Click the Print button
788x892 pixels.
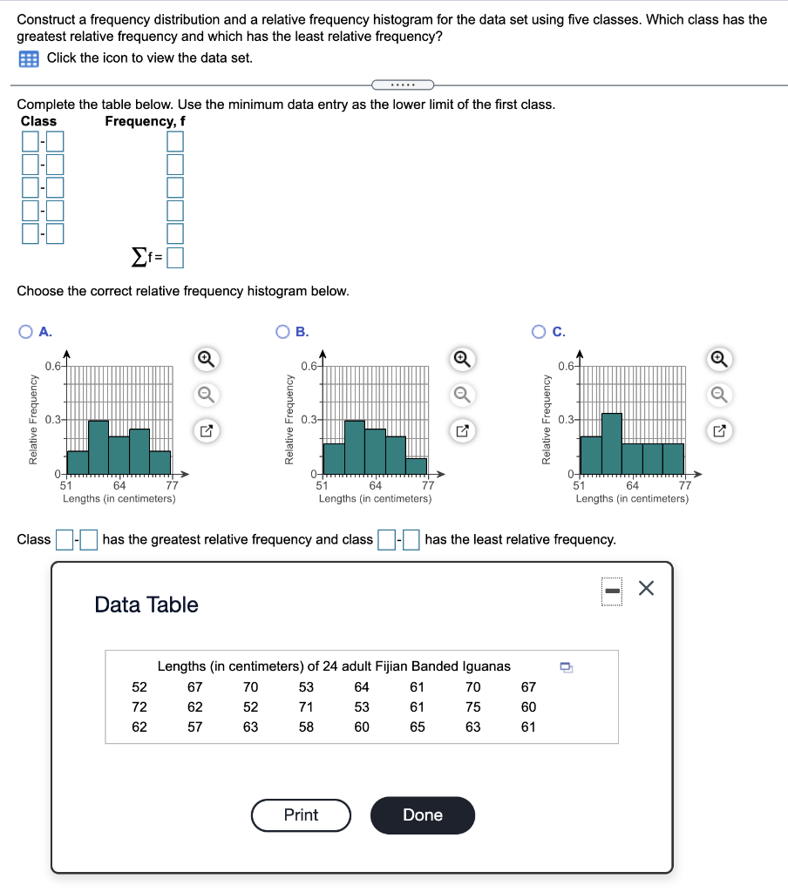(301, 815)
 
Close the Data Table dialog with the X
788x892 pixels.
(645, 590)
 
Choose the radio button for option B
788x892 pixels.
(283, 331)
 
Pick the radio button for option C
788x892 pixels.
(540, 331)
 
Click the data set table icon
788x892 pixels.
(29, 58)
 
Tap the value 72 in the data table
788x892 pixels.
(139, 706)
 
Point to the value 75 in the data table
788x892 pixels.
(472, 706)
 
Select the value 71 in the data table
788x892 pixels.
(306, 706)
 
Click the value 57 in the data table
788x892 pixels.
(194, 726)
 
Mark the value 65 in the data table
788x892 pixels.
(418, 726)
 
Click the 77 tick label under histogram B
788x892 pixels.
(428, 485)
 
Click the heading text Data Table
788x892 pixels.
(146, 605)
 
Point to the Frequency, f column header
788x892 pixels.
(145, 121)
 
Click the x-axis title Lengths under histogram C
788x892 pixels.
(631, 498)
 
